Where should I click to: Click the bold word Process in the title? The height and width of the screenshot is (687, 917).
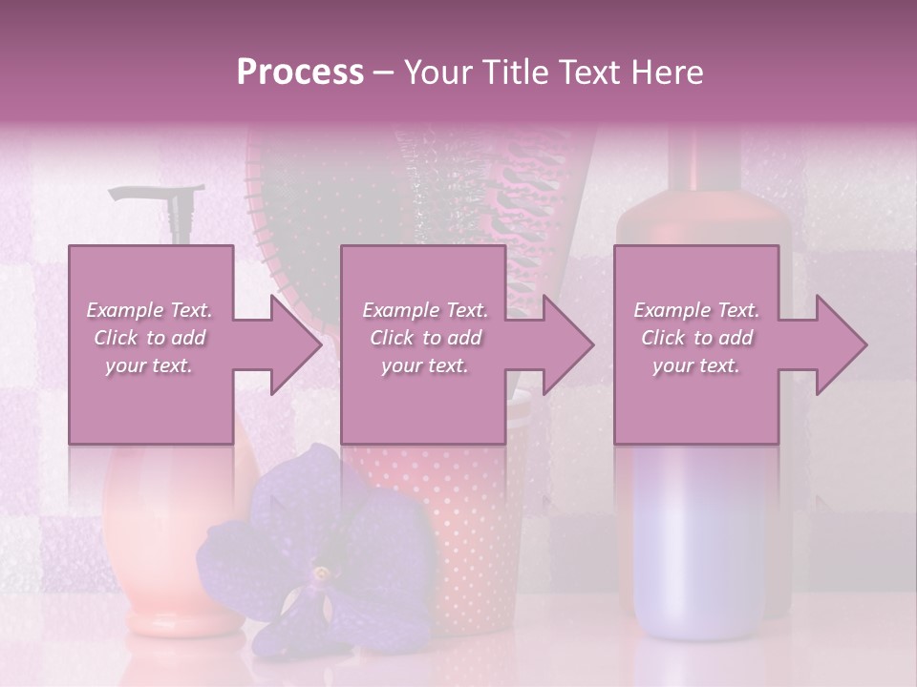(300, 72)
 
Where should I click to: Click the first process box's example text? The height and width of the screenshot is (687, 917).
(150, 338)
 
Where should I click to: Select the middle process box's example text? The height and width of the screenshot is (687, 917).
(425, 338)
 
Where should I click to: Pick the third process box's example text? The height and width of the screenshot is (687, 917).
(696, 338)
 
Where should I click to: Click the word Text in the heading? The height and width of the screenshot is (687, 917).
(594, 72)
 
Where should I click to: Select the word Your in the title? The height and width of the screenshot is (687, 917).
(437, 72)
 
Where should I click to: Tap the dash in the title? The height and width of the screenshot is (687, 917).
(384, 73)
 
